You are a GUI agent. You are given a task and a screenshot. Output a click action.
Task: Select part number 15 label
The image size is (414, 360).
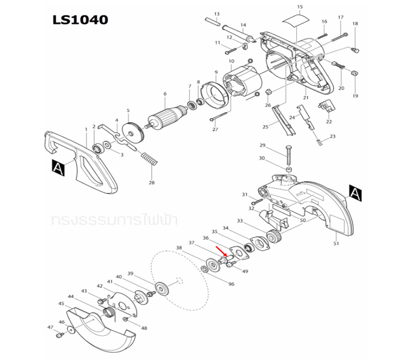coord(298,7)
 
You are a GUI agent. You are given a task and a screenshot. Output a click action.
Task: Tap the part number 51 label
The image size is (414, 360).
coord(337,243)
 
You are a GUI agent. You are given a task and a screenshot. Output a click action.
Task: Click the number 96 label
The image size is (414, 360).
coord(231,284)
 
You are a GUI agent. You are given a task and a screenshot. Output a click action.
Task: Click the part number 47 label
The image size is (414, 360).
coord(51,327)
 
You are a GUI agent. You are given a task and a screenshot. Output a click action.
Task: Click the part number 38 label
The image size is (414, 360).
coord(179,248)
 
